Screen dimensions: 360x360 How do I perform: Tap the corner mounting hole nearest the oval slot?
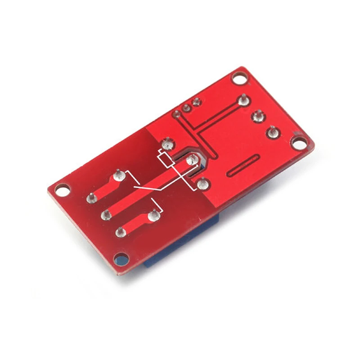pyautogui.click(x=298, y=143)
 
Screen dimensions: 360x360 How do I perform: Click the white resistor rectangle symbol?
pyautogui.click(x=165, y=159)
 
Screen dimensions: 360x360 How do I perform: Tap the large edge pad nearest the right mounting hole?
pyautogui.click(x=272, y=132)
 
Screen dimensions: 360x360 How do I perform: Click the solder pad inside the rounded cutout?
pyautogui.click(x=192, y=158)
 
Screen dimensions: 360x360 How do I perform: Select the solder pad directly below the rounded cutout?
pyautogui.click(x=202, y=183)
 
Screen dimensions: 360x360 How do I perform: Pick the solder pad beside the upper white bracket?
pyautogui.click(x=119, y=174)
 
